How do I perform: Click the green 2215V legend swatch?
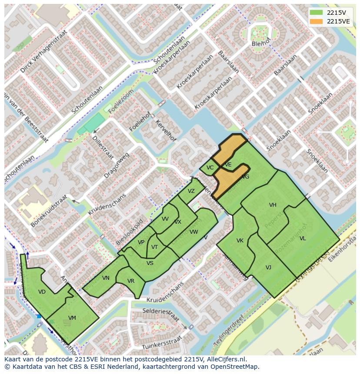click(317, 12)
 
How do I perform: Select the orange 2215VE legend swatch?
click(317, 21)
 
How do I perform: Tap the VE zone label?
click(228, 165)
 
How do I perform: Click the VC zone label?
click(210, 168)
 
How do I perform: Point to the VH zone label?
click(273, 205)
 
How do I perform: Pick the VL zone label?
click(303, 238)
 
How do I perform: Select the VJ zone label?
click(268, 268)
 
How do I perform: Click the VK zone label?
click(240, 241)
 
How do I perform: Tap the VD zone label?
click(42, 292)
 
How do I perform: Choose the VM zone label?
click(72, 318)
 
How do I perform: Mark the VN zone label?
click(106, 278)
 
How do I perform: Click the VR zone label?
click(131, 281)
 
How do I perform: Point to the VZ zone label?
click(191, 191)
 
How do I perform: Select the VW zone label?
click(194, 232)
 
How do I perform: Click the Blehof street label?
click(261, 44)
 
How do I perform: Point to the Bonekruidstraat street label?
click(49, 211)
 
